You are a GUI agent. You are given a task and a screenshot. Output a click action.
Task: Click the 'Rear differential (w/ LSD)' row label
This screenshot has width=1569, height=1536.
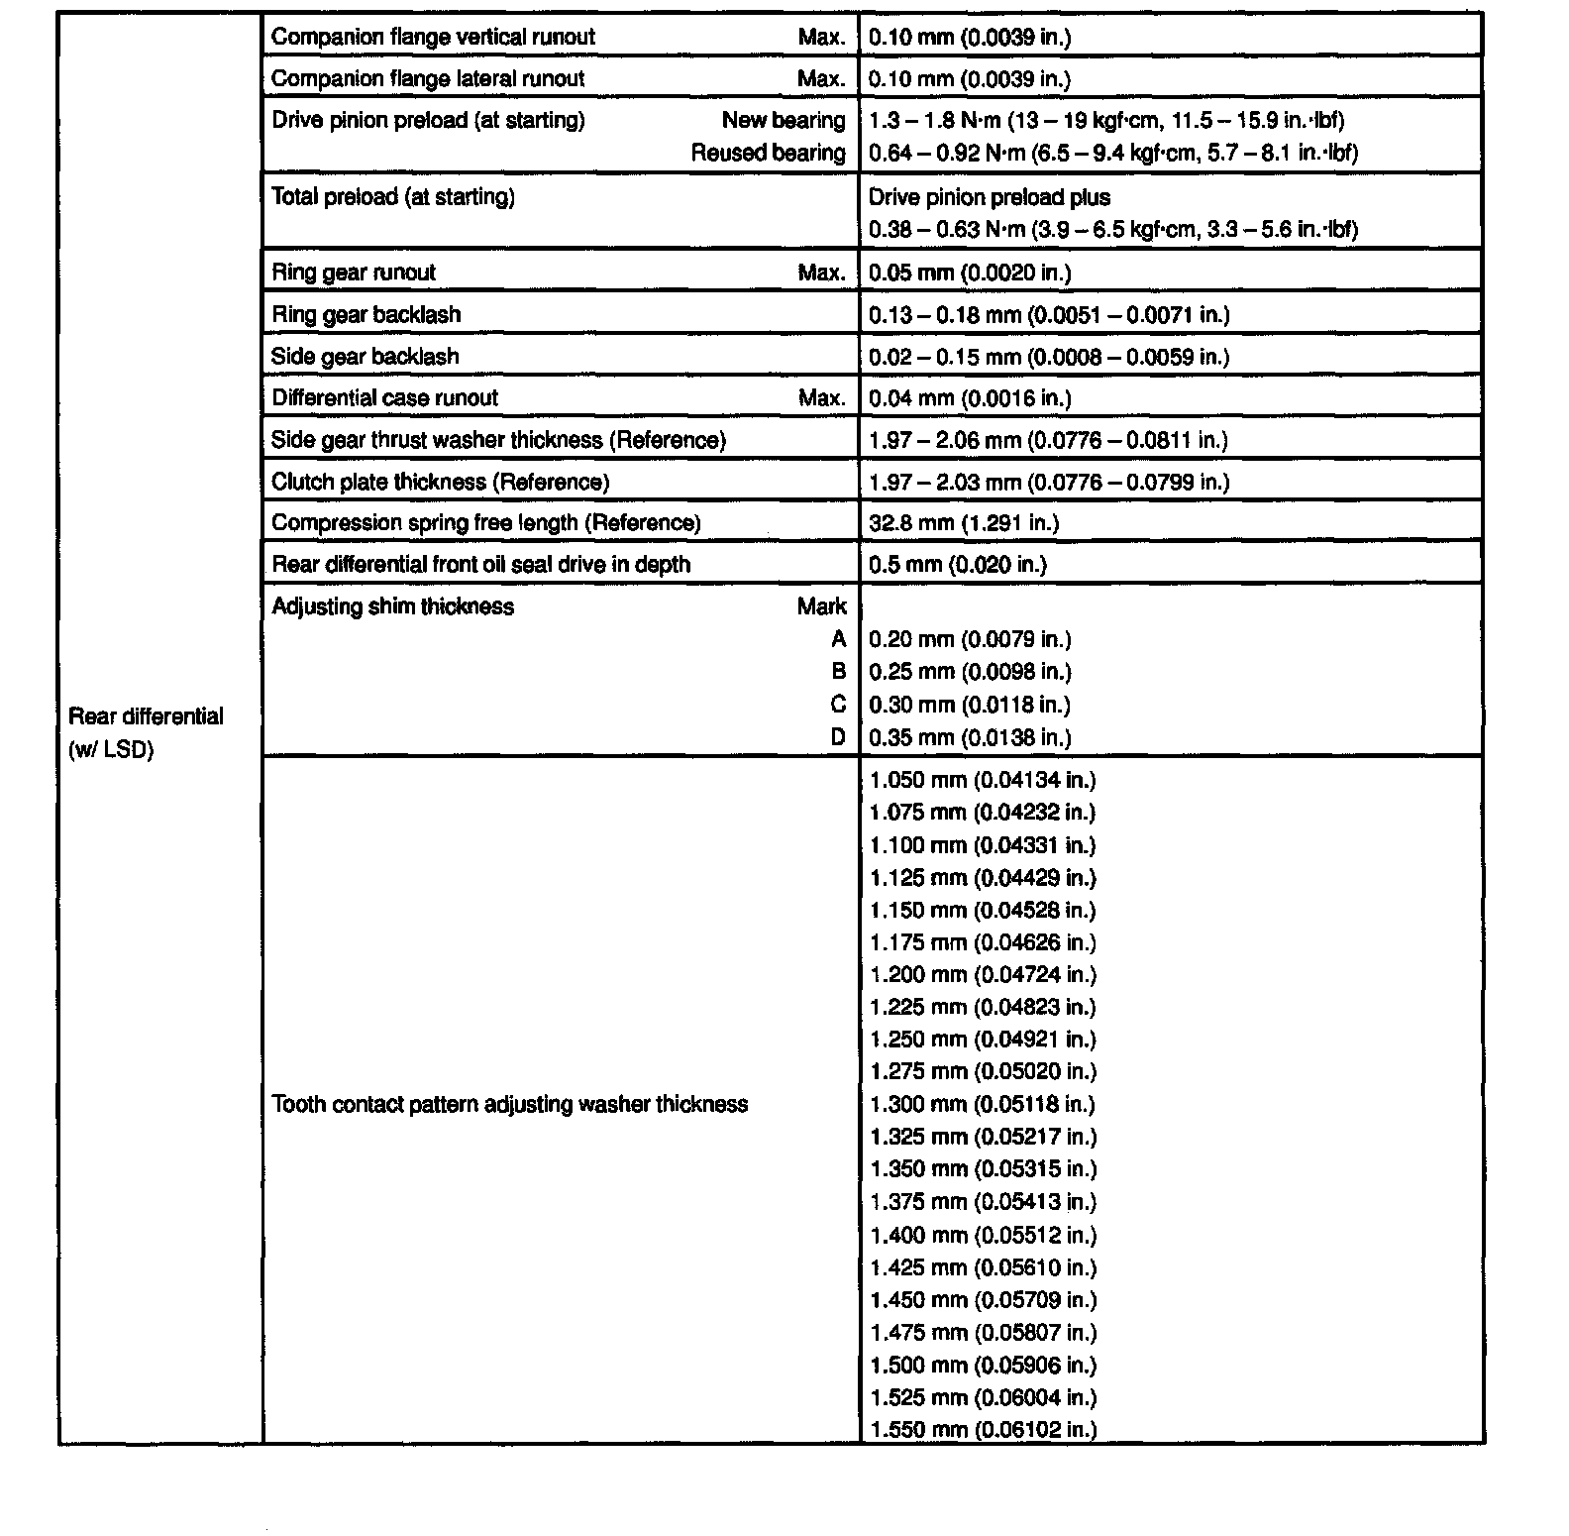point(146,732)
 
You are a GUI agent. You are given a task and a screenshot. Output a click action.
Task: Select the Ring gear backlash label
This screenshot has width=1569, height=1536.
point(366,315)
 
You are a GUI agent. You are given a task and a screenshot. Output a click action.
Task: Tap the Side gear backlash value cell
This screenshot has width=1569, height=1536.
point(1048,357)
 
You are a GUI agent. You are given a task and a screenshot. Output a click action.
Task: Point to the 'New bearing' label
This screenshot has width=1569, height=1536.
point(783,121)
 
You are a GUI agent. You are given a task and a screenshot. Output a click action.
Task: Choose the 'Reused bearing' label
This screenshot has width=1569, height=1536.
point(768,153)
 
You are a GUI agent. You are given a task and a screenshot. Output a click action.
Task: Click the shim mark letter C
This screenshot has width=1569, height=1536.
point(838,705)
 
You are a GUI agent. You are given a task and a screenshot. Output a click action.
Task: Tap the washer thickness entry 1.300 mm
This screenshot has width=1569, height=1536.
point(982,1104)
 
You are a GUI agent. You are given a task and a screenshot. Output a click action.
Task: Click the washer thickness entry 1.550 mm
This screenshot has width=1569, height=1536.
point(983,1429)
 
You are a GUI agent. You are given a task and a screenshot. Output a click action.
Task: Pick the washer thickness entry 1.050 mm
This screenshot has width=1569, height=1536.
point(983,780)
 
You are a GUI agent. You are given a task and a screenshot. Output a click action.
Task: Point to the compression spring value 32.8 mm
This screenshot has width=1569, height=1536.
point(963,523)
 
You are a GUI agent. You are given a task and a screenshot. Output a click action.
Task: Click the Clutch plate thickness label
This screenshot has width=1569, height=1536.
point(440,483)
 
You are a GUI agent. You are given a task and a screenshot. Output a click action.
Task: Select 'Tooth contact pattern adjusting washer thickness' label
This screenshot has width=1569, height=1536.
point(509,1104)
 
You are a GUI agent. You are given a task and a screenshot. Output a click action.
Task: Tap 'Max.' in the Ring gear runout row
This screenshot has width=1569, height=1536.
point(821,273)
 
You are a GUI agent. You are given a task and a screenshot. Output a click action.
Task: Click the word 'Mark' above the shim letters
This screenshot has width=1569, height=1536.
point(821,606)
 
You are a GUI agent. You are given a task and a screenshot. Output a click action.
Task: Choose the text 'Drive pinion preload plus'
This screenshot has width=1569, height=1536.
point(989,197)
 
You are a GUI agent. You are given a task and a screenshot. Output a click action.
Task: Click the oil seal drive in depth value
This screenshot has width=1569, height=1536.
point(957,565)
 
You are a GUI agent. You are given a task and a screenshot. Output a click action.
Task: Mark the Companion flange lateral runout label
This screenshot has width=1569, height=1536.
point(427,79)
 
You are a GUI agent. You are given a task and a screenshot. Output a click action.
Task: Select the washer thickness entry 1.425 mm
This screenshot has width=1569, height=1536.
point(983,1267)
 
